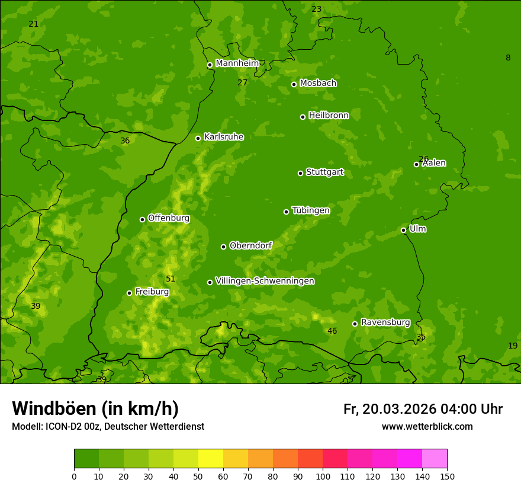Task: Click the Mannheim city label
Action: click(237, 63)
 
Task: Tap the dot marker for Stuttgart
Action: click(300, 173)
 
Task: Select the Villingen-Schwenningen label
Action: click(265, 281)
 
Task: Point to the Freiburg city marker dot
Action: click(129, 293)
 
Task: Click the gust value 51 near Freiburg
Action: click(171, 279)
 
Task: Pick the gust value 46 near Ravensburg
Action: click(332, 331)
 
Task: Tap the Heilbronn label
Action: click(329, 116)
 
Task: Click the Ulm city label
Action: click(417, 229)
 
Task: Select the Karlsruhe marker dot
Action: click(198, 138)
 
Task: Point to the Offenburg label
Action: click(169, 218)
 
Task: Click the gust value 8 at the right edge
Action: click(508, 57)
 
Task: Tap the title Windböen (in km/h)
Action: click(95, 408)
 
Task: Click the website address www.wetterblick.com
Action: click(427, 426)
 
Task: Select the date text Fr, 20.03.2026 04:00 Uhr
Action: click(423, 409)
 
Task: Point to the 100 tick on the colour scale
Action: click(323, 476)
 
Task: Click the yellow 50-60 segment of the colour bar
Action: click(211, 459)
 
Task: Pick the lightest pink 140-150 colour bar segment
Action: click(435, 459)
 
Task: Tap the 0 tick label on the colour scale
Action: click(74, 476)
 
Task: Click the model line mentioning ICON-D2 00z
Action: click(108, 426)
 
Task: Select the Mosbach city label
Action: click(318, 83)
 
